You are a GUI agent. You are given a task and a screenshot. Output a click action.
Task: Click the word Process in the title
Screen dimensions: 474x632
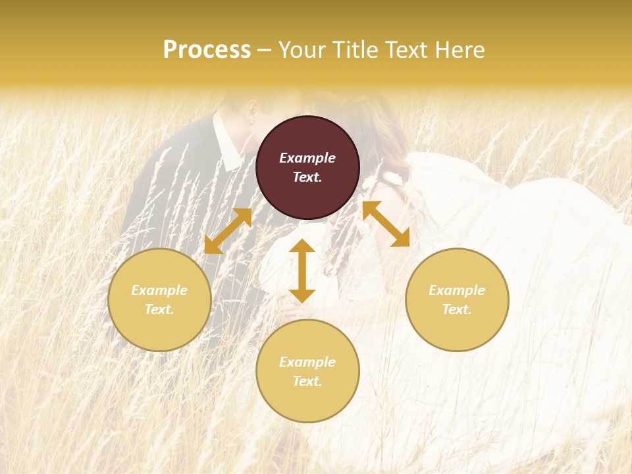[207, 50]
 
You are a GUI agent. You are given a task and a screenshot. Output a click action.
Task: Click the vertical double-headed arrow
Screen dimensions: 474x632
[302, 271]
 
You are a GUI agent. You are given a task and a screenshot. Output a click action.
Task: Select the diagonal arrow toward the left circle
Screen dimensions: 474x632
[228, 231]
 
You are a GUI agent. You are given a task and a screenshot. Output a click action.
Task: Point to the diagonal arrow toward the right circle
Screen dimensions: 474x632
[386, 224]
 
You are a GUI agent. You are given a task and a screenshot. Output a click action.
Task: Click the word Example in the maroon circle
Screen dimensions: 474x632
[307, 158]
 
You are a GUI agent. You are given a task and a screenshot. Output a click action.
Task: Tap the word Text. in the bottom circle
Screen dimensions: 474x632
[307, 381]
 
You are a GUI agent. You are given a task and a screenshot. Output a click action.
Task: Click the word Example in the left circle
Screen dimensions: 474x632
[159, 290]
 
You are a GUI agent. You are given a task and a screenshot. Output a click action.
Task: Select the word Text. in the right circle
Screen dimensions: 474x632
[457, 309]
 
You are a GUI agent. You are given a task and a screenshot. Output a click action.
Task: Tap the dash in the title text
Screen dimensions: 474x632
[265, 51]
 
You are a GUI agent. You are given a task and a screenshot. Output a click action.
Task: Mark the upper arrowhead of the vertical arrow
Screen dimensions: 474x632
[302, 247]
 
